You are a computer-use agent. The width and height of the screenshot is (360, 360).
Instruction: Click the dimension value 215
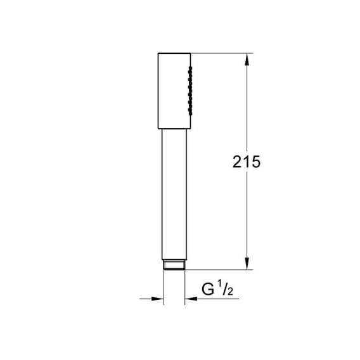[x=247, y=162]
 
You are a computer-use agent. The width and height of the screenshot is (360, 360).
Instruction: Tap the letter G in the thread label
[x=208, y=289]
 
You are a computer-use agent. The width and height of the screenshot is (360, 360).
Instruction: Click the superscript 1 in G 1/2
[x=219, y=286]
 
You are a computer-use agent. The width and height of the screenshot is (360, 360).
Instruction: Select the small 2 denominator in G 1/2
[x=230, y=291]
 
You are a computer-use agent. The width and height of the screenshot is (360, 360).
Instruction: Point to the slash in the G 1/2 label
[x=224, y=289]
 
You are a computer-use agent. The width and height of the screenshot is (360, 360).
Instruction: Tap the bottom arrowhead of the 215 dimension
[x=247, y=263]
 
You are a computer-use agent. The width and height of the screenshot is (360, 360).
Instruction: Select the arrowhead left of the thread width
[x=157, y=299]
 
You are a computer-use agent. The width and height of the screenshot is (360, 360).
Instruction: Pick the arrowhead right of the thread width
[x=191, y=299]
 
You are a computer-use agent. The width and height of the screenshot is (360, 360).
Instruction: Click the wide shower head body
[x=174, y=91]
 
